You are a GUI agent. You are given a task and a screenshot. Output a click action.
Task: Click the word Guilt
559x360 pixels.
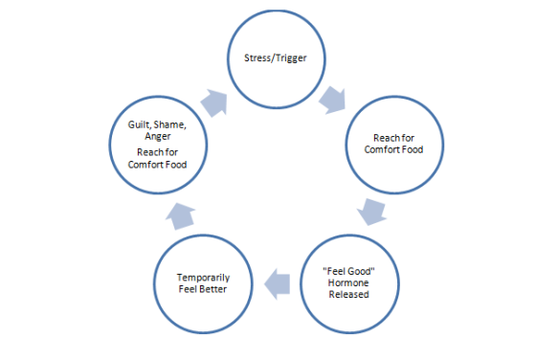click(141, 124)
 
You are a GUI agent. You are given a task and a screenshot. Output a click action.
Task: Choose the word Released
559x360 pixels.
click(348, 294)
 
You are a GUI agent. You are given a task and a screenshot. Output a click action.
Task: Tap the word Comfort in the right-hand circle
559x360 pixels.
click(382, 150)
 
